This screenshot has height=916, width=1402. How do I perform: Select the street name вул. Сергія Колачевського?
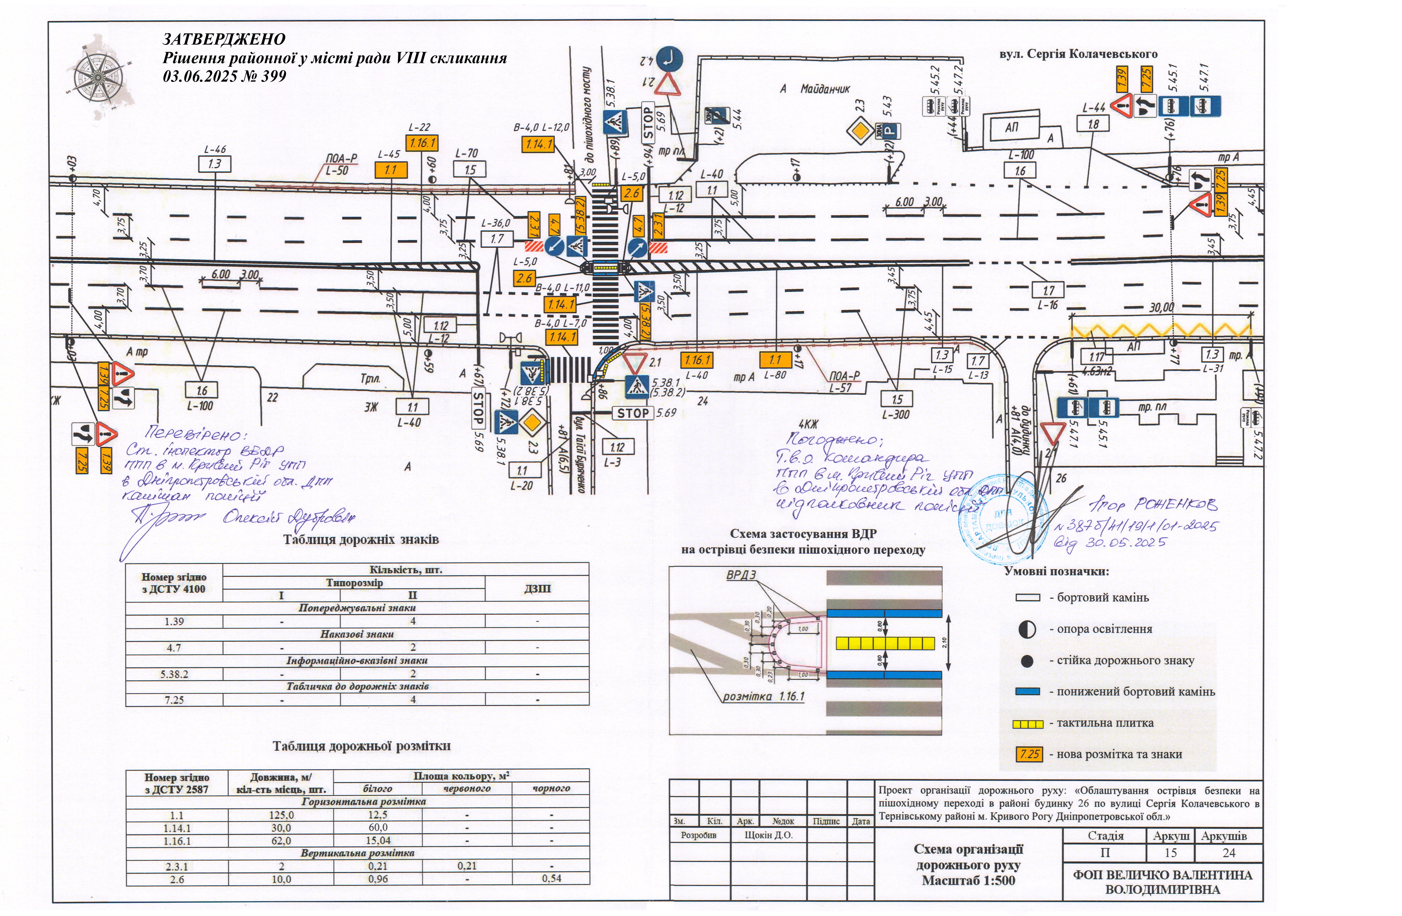tap(1078, 54)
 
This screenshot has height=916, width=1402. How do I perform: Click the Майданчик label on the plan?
tap(825, 89)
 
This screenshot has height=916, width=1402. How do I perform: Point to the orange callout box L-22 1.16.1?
tap(421, 143)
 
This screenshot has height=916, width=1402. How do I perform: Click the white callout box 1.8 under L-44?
tap(1093, 124)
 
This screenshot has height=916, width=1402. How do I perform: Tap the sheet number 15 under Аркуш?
tap(1170, 852)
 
